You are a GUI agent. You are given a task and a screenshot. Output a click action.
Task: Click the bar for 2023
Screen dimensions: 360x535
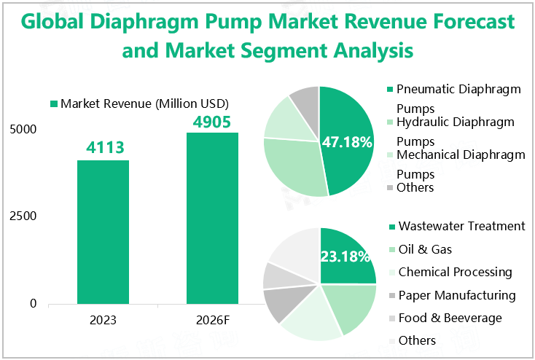tap(103, 232)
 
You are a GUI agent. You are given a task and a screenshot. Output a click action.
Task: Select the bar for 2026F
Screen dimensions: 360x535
tap(212, 218)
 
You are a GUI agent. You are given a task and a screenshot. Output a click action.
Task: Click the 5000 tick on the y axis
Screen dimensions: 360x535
tap(23, 130)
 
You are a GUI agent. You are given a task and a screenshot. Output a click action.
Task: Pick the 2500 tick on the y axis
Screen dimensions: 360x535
tap(23, 216)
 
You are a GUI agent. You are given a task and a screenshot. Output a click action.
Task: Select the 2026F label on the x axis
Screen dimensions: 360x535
tap(212, 319)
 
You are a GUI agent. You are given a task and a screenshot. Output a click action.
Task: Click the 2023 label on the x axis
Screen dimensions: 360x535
tap(103, 319)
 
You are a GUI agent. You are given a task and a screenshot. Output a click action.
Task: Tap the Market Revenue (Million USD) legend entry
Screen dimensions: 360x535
tap(138, 103)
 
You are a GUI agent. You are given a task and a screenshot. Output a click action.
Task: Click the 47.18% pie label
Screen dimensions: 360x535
tap(348, 141)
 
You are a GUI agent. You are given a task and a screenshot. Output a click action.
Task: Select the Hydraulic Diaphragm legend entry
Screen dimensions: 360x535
tap(455, 122)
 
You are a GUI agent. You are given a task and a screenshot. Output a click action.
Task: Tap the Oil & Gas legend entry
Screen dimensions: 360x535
tap(425, 249)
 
